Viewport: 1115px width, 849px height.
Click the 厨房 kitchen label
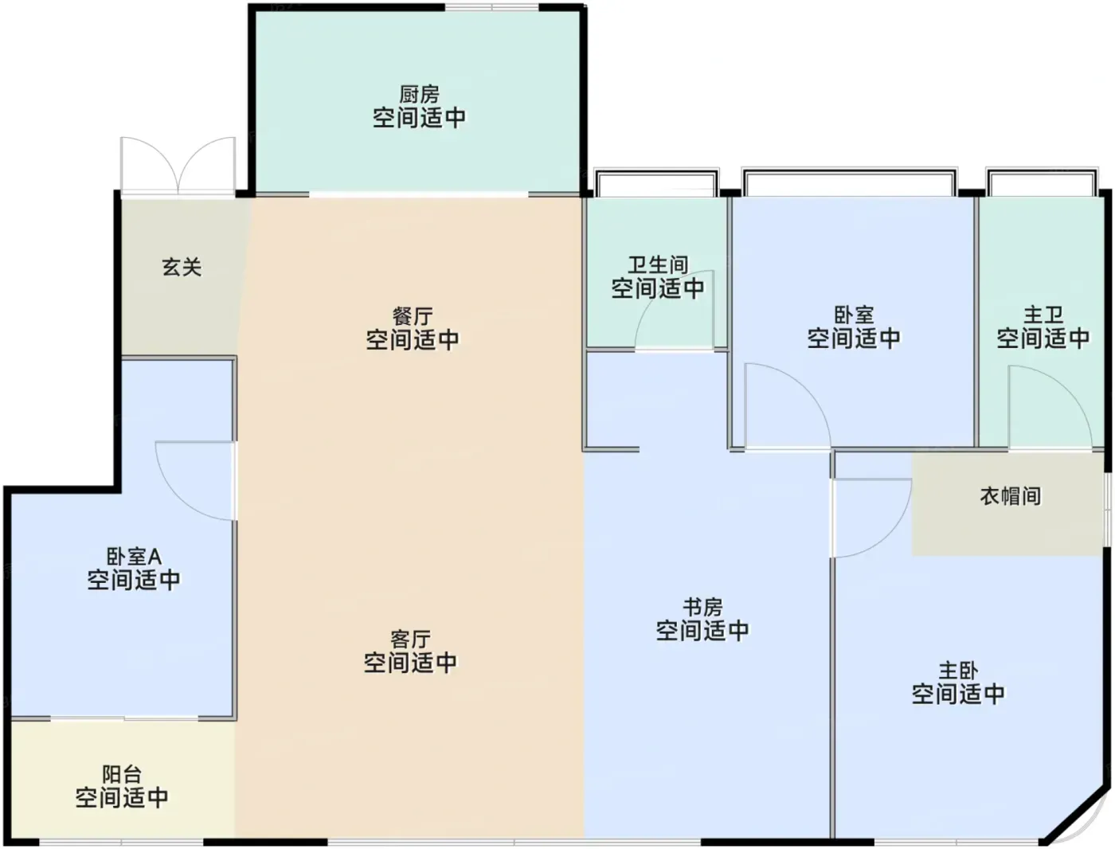pos(419,95)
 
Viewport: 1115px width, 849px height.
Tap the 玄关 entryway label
pos(182,267)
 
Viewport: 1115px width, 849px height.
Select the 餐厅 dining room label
pos(413,316)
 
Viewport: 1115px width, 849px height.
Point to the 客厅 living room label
pos(410,640)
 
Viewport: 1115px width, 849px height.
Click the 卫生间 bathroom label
pos(658,264)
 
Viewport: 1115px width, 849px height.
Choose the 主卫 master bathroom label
pos(1043,315)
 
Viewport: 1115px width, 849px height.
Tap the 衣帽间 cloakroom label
pos(1011,496)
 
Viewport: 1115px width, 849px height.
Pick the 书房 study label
pos(702,607)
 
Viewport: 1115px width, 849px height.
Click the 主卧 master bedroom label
pos(958,671)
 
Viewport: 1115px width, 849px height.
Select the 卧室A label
pos(134,557)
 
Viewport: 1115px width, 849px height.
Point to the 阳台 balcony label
pos(122,774)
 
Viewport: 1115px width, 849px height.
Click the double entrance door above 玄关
pos(178,166)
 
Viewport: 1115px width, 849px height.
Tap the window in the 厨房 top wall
pos(491,7)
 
